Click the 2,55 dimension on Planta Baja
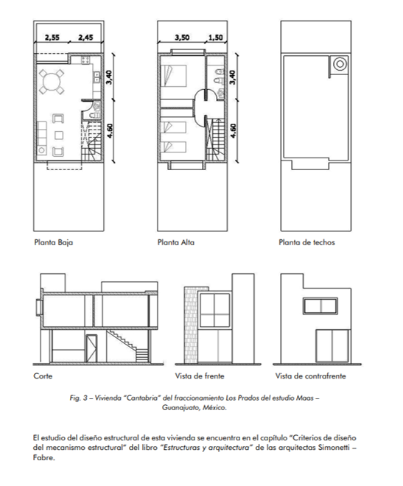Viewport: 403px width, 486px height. point(52,38)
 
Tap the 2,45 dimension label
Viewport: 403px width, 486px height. point(85,38)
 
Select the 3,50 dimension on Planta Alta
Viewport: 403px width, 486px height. point(182,38)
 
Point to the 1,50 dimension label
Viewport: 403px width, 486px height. point(215,38)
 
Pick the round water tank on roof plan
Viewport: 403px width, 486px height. point(340,64)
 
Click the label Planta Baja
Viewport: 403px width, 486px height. point(54,242)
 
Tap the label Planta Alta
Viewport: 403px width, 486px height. point(176,242)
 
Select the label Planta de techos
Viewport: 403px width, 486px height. point(306,242)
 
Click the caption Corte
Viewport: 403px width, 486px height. point(43,376)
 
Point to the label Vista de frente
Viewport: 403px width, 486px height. point(200,376)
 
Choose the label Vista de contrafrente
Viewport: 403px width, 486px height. point(311,376)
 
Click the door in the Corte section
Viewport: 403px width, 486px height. point(91,348)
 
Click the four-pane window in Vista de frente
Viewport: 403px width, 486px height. point(214,310)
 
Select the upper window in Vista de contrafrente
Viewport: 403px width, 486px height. point(320,306)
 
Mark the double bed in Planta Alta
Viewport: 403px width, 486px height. point(174,76)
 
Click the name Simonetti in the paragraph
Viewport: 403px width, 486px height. point(334,448)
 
